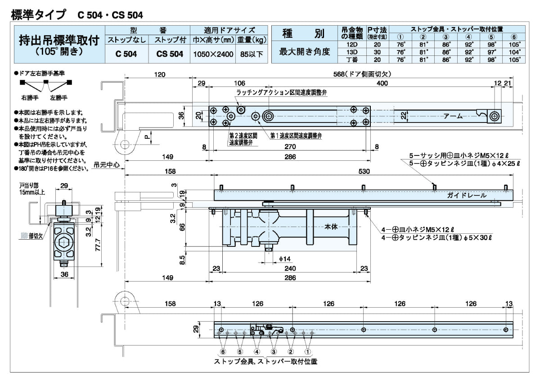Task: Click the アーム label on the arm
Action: pyautogui.click(x=453, y=116)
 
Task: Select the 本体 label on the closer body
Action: pyautogui.click(x=331, y=227)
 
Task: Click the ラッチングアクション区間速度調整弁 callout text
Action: pyautogui.click(x=281, y=92)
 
